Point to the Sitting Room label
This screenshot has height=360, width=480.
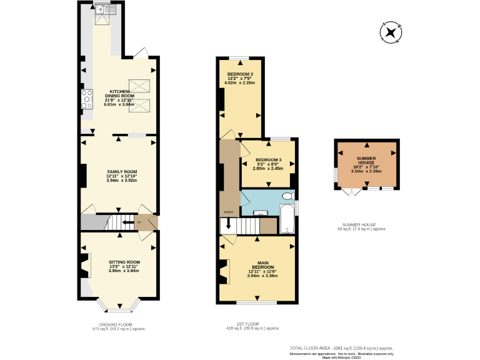pos(124,262)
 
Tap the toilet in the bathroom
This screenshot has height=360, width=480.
pos(287,196)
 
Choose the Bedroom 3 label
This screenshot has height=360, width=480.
pos(269,160)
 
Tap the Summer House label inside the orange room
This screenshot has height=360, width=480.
pos(366,161)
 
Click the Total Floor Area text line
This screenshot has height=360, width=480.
pos(341,347)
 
